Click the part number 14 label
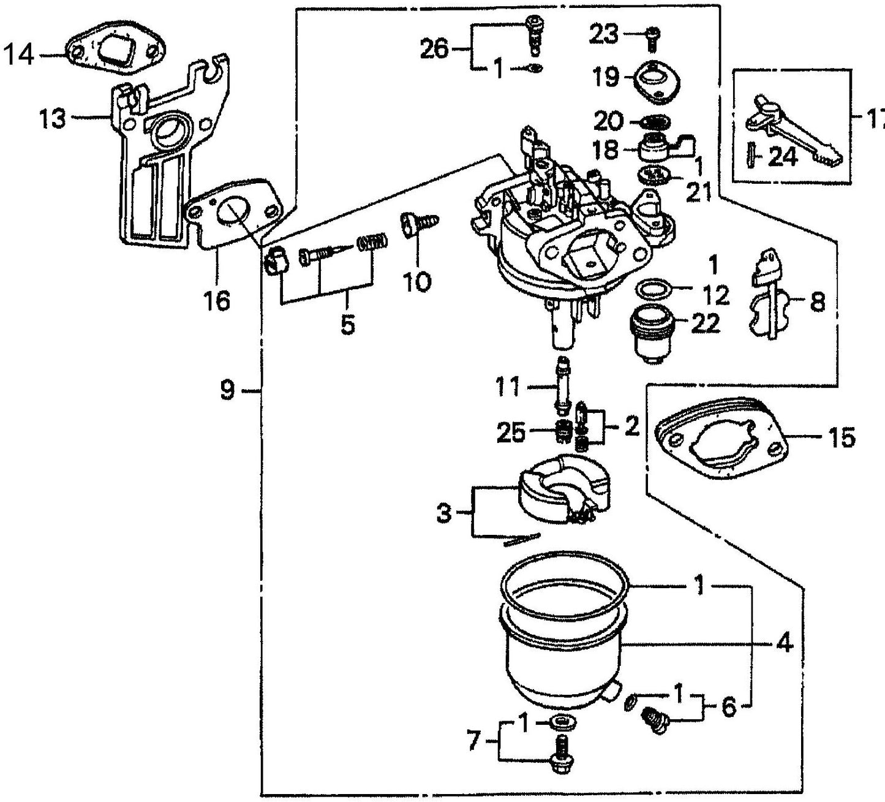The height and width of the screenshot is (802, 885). (x=20, y=56)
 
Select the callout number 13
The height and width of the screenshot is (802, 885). (x=53, y=118)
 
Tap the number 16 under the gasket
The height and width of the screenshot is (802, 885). (x=217, y=301)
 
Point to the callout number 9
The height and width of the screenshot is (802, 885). (x=227, y=390)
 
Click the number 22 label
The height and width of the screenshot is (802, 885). (x=704, y=323)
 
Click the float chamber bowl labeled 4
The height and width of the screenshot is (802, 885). (x=563, y=649)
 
